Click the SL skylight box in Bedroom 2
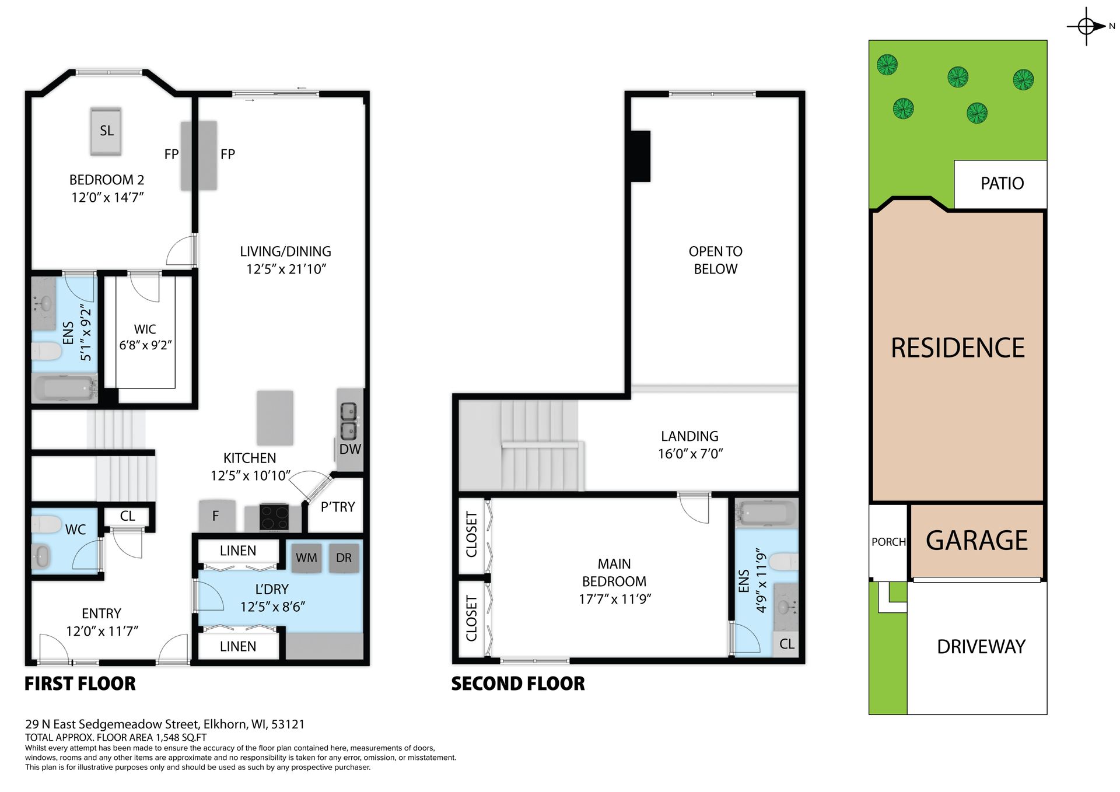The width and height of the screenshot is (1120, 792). pos(106,131)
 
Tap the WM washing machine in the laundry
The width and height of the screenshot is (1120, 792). pos(306,558)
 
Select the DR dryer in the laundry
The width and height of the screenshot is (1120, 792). pos(344,558)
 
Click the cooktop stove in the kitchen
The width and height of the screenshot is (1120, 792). pos(274,517)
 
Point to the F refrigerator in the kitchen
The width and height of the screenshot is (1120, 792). pos(216,516)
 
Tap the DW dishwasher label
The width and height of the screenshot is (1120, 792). pos(350,449)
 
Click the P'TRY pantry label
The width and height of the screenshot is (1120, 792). pos(338,507)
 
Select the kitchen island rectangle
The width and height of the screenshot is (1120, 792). pos(275,418)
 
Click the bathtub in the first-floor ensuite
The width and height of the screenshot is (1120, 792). pos(65,387)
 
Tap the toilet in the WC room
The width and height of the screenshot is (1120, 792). pos(47,524)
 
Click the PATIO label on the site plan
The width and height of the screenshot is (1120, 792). pos(1002,184)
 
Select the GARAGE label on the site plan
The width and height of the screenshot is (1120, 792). pos(977,541)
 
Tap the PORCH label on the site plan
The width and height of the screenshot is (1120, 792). pos(888,542)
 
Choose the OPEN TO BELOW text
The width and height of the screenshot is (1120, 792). pos(715,260)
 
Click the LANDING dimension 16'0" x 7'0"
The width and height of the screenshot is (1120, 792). pos(690,454)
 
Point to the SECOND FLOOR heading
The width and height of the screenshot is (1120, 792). pos(518,684)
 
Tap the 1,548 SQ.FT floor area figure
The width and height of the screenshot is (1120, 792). pos(181,737)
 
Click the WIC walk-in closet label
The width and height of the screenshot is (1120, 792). pos(145,330)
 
